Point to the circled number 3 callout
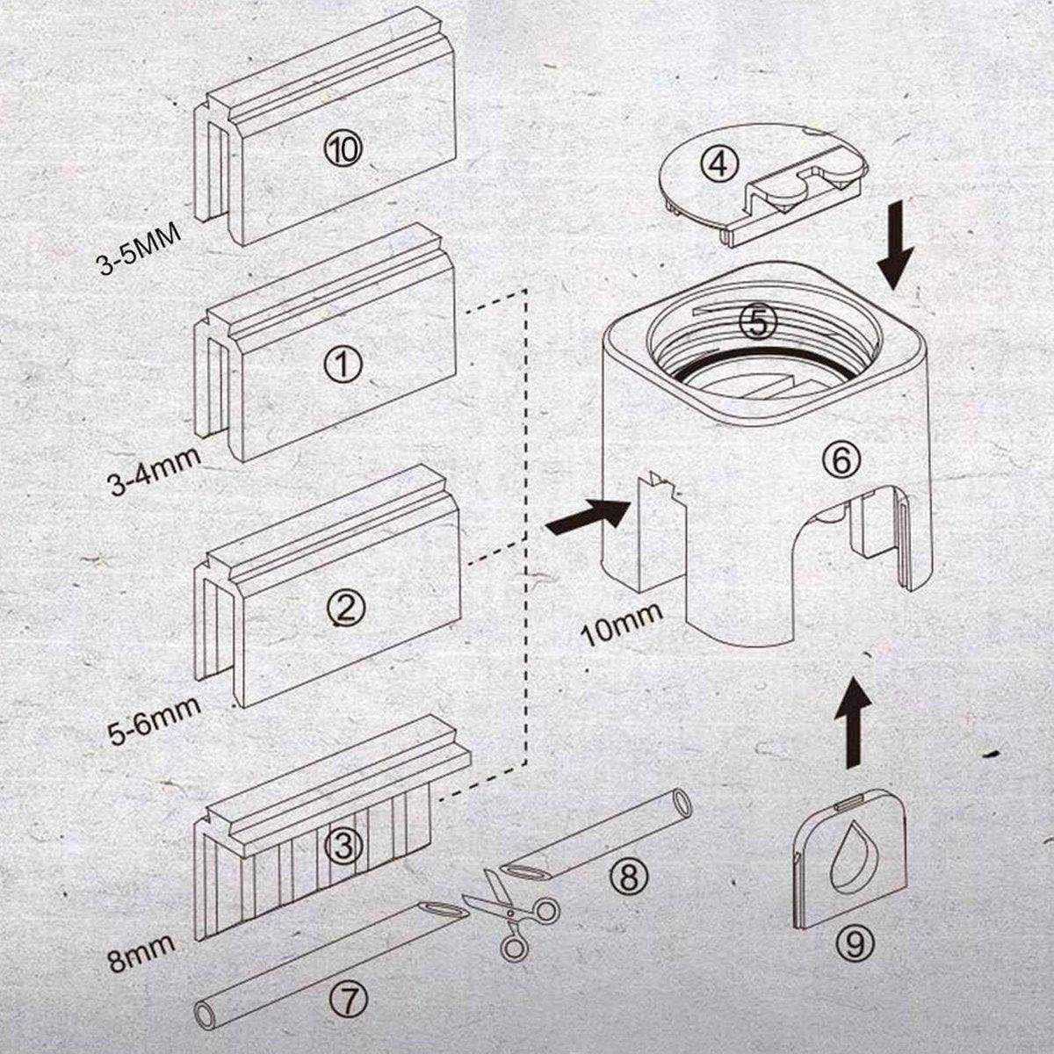coord(343,846)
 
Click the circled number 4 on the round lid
coord(718,164)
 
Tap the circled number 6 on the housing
coord(841,459)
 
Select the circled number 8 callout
coord(632,873)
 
